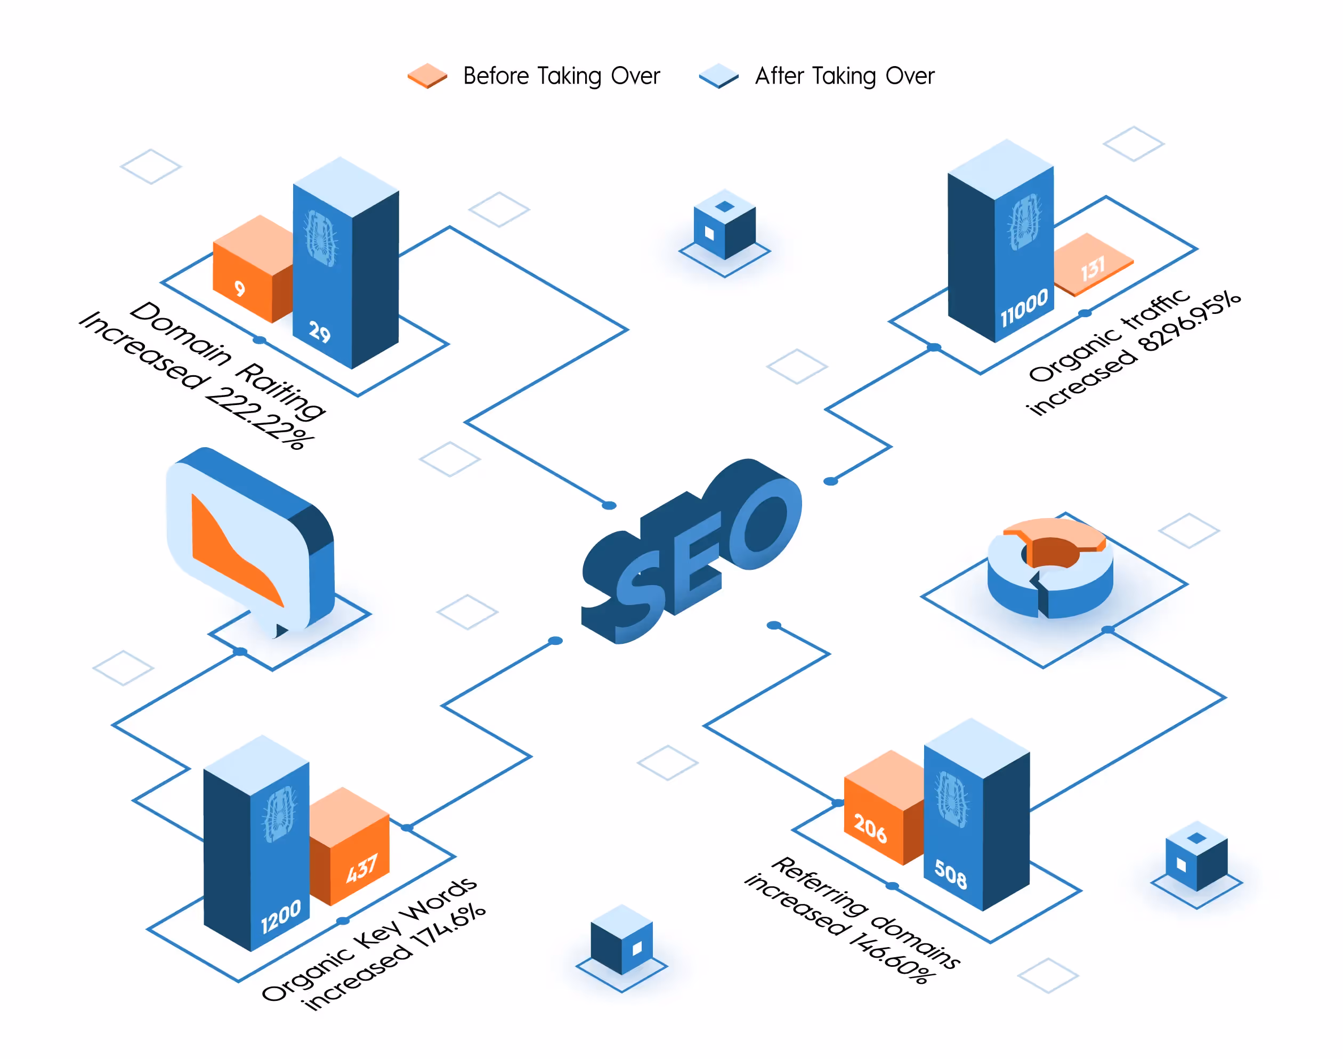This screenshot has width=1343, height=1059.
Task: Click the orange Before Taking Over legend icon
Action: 427,76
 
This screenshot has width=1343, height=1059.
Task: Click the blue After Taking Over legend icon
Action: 718,76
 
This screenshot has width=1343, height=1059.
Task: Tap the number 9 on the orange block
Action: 240,288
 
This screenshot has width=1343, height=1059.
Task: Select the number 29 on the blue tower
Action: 320,333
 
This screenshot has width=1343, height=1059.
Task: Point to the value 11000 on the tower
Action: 1024,308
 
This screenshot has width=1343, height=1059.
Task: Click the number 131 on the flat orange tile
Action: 1093,269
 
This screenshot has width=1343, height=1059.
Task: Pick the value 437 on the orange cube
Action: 361,868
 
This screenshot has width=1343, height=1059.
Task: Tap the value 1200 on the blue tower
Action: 281,916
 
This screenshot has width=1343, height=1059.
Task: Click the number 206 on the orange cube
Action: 870,828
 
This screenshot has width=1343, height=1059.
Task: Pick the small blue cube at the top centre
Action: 724,224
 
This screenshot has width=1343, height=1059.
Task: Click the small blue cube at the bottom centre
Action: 621,939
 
